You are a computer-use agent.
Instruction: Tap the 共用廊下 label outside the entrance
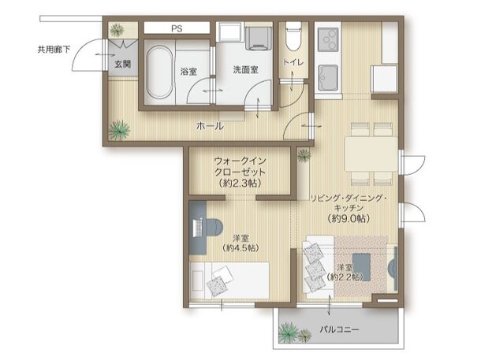click(53, 49)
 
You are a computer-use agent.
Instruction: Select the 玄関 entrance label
click(122, 63)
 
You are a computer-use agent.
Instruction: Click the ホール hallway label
click(209, 126)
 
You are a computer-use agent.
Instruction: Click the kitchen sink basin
click(326, 77)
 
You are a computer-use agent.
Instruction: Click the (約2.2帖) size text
click(347, 276)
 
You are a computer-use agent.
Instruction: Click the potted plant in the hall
click(121, 128)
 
